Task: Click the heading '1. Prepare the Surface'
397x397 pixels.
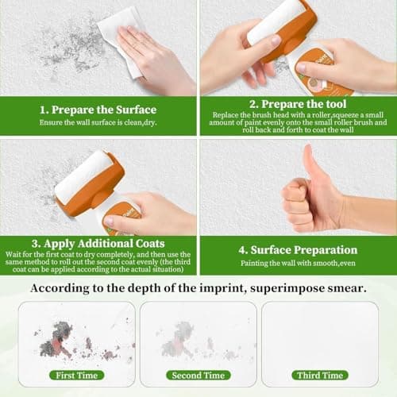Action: (x=98, y=109)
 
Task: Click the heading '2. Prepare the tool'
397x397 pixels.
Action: (x=297, y=104)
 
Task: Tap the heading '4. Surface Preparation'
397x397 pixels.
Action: (x=297, y=249)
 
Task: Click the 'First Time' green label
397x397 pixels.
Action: (x=76, y=375)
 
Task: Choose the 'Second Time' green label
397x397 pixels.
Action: (x=198, y=375)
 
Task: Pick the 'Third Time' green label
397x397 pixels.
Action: (x=319, y=375)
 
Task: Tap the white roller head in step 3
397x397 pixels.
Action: (x=79, y=176)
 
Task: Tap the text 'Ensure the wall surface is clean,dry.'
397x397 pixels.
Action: (x=98, y=122)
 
